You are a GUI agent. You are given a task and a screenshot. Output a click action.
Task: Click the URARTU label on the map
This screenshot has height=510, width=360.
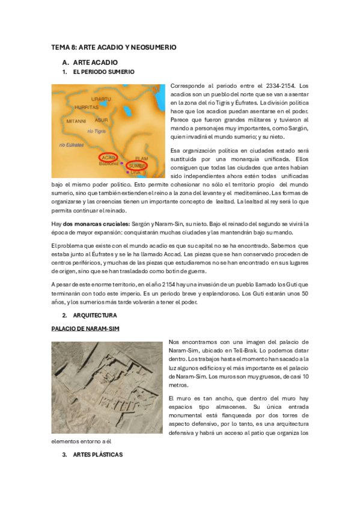pyautogui.click(x=100, y=98)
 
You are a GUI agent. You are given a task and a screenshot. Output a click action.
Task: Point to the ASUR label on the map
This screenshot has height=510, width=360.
pyautogui.click(x=102, y=120)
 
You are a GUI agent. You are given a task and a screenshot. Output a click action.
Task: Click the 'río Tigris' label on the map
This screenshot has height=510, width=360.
pyautogui.click(x=97, y=131)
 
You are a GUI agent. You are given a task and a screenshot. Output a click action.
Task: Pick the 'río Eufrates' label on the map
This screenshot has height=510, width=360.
pyautogui.click(x=71, y=145)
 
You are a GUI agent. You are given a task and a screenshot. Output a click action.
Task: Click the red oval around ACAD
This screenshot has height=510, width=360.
pyautogui.click(x=108, y=158)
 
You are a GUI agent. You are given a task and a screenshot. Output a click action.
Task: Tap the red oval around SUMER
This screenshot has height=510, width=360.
pyautogui.click(x=138, y=164)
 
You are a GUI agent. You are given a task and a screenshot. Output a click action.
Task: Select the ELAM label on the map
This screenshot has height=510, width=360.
pyautogui.click(x=141, y=158)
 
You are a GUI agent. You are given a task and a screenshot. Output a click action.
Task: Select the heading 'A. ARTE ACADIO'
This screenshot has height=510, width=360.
pyautogui.click(x=90, y=62)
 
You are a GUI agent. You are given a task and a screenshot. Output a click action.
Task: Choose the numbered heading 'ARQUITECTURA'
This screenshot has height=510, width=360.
pyautogui.click(x=95, y=315)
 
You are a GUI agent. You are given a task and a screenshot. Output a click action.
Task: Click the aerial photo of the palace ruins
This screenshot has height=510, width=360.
pyautogui.click(x=107, y=387)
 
